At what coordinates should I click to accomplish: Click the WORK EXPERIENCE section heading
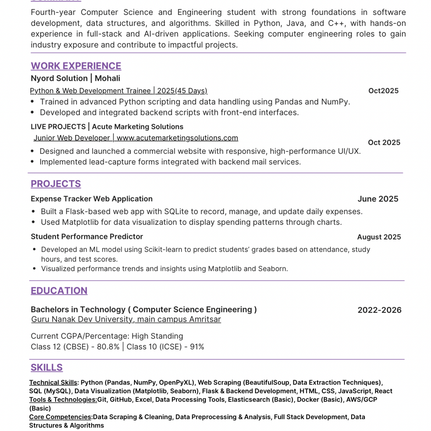pos(76,66)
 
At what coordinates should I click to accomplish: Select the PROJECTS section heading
pos(56,184)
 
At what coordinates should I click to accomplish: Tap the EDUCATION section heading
pos(59,290)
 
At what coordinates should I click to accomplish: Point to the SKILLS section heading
pos(47,367)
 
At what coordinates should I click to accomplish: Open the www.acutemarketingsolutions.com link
pos(177,138)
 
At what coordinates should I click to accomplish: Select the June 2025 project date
pos(378,199)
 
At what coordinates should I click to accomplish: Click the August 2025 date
pos(379,237)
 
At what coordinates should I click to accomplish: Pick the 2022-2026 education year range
pos(379,310)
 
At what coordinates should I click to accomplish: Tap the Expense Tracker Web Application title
pos(92,199)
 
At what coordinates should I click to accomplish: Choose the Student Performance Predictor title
pos(87,237)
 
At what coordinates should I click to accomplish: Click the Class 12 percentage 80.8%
pos(108,347)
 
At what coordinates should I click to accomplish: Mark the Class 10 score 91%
pos(197,347)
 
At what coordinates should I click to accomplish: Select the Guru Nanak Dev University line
pos(126,319)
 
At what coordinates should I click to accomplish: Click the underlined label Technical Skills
pos(53,383)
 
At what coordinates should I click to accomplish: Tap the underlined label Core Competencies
pos(60,417)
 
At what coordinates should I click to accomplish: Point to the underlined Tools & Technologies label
pos(63,400)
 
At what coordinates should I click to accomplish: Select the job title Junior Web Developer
pos(72,138)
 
